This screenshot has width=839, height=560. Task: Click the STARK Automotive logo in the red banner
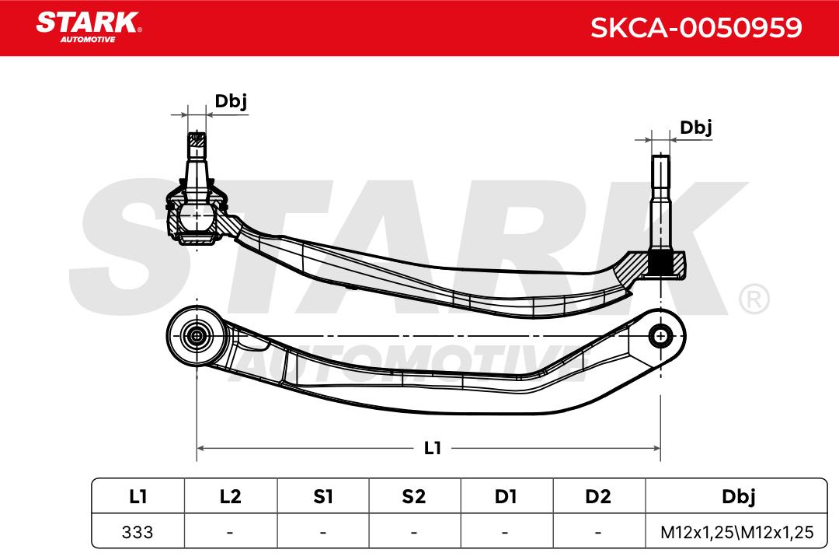[89, 26]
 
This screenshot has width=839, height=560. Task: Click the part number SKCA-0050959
[696, 27]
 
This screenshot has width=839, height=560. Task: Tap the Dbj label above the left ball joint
[231, 101]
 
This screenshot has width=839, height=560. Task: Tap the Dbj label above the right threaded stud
[695, 128]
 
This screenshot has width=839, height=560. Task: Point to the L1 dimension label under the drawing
[433, 447]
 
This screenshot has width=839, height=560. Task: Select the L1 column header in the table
[138, 496]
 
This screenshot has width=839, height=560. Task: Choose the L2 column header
[230, 496]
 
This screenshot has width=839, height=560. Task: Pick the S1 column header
[322, 496]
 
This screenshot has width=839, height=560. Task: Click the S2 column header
[414, 496]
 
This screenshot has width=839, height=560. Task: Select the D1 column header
[506, 496]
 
